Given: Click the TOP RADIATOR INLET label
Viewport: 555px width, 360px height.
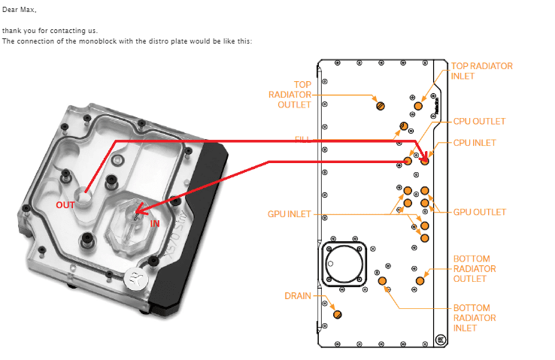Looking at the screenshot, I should point(481,71).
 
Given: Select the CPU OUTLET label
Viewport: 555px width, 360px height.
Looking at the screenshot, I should point(479,121).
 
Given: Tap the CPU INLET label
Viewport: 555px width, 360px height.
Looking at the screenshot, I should point(475,142).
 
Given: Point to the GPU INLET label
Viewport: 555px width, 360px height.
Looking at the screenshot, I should point(289,214).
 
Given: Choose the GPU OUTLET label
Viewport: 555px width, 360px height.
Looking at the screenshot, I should point(479,212).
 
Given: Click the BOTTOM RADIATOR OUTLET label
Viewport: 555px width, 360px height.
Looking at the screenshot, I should point(475,269).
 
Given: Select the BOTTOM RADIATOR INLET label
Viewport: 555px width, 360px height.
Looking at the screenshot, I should point(475,318).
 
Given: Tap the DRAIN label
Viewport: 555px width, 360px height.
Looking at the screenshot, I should point(298,295).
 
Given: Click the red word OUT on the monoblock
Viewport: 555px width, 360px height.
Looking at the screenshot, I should point(65,204).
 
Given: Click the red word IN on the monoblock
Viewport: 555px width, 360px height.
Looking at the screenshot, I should point(156,224).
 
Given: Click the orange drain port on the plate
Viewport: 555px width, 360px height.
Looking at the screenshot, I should point(337,313).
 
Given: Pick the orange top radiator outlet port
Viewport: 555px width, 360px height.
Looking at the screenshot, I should point(381,105).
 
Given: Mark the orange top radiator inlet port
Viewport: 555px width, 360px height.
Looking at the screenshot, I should point(419,106).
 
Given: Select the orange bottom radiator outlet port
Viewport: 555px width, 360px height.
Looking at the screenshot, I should point(420,281).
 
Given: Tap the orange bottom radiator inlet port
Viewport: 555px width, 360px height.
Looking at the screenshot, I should point(382,281).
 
